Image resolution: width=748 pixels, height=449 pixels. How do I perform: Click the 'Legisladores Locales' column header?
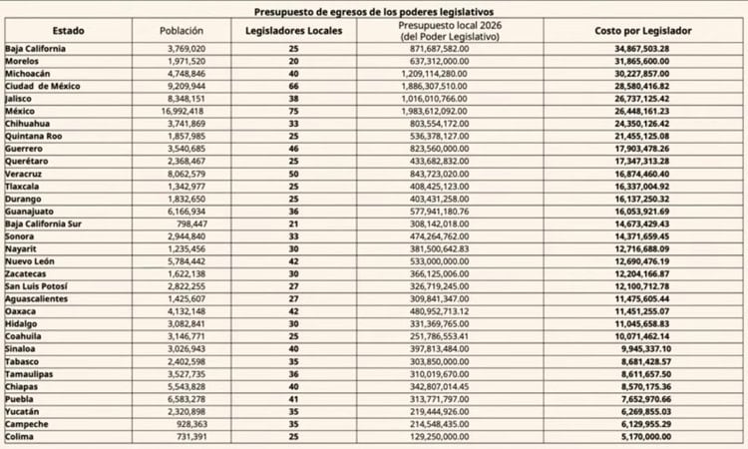click(293, 31)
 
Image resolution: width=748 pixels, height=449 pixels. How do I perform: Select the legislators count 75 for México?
click(293, 112)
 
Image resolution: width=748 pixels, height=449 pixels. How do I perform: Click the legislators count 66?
click(293, 87)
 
